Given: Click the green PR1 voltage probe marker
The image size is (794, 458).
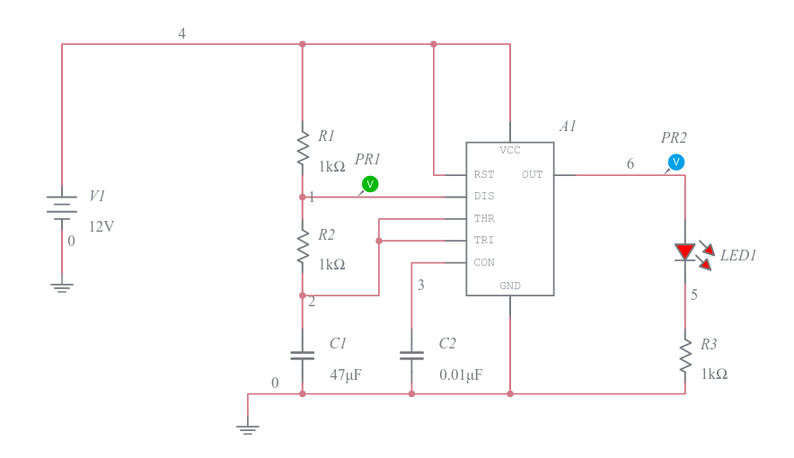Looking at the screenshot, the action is click(370, 184).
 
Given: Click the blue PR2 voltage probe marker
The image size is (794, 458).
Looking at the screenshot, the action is click(676, 162).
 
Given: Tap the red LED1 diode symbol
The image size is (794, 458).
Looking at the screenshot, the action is click(685, 252).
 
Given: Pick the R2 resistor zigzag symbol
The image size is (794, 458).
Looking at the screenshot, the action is click(303, 246).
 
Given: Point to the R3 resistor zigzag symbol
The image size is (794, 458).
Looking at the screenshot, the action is click(685, 357).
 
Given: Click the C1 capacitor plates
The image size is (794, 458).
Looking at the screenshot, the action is click(303, 356).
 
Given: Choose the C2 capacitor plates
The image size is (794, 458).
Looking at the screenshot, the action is click(411, 356).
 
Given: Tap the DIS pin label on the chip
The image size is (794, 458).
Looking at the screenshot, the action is click(484, 197).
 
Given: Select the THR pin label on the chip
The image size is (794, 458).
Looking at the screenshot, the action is click(484, 218).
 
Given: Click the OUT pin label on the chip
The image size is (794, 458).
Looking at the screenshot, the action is click(533, 174).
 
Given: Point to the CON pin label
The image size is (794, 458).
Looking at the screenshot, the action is click(484, 262).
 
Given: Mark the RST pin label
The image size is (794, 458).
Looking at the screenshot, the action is click(484, 174).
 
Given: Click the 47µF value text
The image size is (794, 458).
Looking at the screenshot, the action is click(346, 374).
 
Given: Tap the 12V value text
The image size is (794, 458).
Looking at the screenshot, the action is click(101, 226).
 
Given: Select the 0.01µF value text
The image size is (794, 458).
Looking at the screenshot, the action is click(461, 374).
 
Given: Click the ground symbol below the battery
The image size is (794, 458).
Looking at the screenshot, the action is click(62, 288).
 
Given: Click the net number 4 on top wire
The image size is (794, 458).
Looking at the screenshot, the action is click(181, 33).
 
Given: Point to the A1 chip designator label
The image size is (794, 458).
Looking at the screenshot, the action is click(568, 126).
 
